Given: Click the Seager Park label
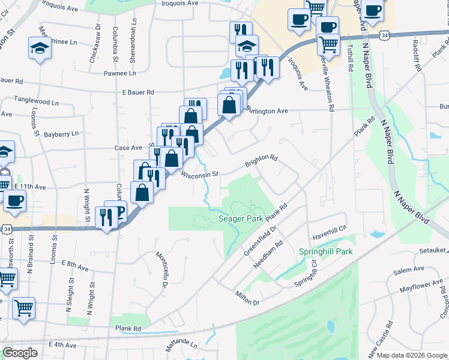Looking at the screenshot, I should [241, 219].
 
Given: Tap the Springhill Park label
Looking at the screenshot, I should [326, 251].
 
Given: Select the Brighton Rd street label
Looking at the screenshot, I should [261, 161].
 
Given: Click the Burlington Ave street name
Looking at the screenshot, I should [268, 111].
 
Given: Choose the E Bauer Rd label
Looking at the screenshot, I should [138, 92].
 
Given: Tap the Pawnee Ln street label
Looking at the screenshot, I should [119, 73].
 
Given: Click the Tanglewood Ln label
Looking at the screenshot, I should [36, 103].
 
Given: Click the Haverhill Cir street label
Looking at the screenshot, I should [330, 228].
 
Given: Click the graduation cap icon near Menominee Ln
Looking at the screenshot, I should [40, 48].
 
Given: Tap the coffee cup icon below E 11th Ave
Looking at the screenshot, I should [14, 201].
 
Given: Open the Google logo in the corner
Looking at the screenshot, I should [20, 353].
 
